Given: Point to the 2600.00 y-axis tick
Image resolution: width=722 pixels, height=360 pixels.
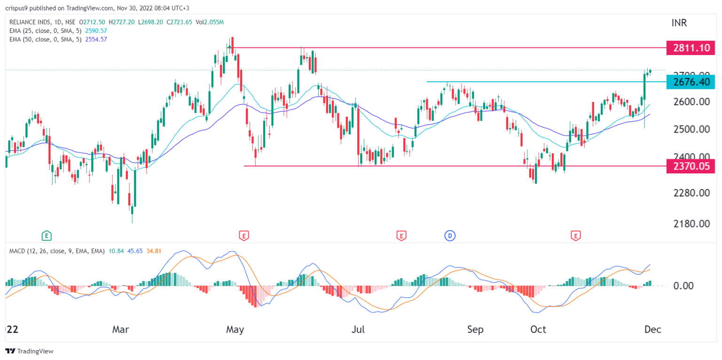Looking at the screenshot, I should click(x=691, y=102).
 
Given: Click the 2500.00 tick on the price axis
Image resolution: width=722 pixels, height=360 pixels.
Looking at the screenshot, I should click(x=691, y=129).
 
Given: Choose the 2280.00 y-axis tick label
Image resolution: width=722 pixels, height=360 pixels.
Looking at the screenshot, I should click(x=691, y=193).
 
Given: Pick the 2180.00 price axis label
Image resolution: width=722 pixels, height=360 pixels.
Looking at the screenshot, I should click(x=691, y=224).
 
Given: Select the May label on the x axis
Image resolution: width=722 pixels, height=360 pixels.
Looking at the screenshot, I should click(x=235, y=330).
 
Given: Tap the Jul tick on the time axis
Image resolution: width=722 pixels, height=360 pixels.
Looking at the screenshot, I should click(x=358, y=330).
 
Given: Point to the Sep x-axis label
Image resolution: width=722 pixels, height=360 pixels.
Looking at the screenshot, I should click(x=475, y=330).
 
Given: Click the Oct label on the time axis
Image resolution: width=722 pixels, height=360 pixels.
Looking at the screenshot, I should click(x=538, y=330).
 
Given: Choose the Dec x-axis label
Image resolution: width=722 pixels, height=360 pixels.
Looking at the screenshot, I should click(x=653, y=330).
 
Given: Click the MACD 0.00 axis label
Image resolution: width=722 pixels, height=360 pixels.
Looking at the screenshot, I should click(x=691, y=286).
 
